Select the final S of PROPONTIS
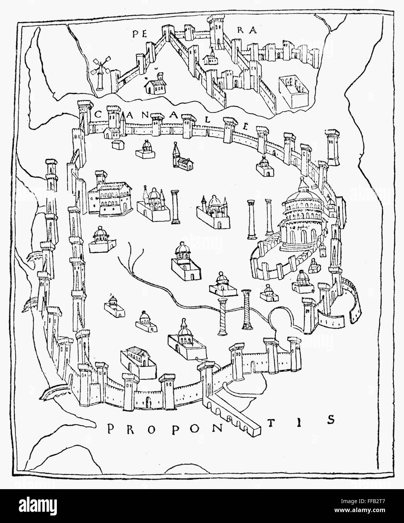331,419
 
